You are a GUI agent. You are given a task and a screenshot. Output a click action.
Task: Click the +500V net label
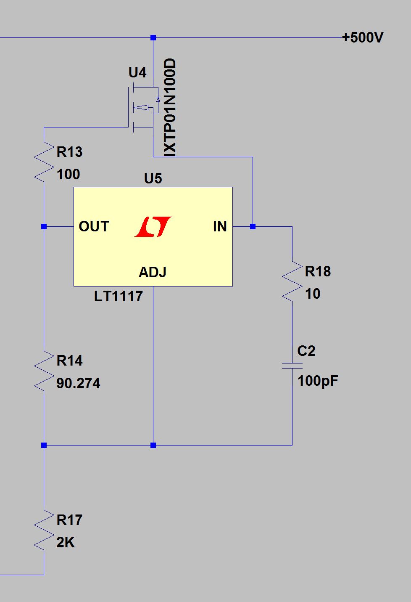pyautogui.click(x=363, y=37)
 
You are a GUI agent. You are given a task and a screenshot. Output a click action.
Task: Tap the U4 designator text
pyautogui.click(x=137, y=72)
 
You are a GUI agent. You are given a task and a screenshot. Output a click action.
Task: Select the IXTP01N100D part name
pyautogui.click(x=170, y=108)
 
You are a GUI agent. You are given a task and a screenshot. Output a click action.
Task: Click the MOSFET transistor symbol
pyautogui.click(x=144, y=108)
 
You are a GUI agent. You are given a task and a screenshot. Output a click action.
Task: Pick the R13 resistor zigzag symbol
pyautogui.click(x=44, y=162)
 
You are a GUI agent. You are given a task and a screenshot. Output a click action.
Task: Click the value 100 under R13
pyautogui.click(x=68, y=174)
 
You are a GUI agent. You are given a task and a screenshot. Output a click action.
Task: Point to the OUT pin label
pyautogui.click(x=94, y=226)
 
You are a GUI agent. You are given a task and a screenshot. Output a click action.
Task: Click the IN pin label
pyautogui.click(x=220, y=226)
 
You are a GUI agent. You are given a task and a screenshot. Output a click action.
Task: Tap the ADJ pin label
pyautogui.click(x=153, y=272)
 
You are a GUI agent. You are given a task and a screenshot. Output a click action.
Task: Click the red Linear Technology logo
pyautogui.click(x=153, y=227)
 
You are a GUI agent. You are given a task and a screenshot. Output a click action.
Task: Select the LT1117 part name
pyautogui.click(x=119, y=297)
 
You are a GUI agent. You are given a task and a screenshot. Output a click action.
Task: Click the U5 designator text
pyautogui.click(x=153, y=178)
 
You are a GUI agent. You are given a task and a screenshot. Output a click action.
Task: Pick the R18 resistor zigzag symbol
pyautogui.click(x=292, y=281)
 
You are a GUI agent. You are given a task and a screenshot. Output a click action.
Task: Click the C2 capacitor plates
pyautogui.click(x=292, y=366)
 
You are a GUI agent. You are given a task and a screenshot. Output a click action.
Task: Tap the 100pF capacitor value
pyautogui.click(x=318, y=381)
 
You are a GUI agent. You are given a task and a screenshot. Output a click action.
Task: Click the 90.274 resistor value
pyautogui.click(x=78, y=383)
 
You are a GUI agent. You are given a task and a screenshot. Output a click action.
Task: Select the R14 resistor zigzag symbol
pyautogui.click(x=44, y=371)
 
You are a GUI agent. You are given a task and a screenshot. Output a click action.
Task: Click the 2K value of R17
pyautogui.click(x=66, y=542)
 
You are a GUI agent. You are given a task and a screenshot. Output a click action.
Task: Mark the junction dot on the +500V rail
pyautogui.click(x=153, y=37)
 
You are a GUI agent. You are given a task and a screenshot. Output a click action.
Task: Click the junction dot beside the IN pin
pyautogui.click(x=253, y=227)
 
